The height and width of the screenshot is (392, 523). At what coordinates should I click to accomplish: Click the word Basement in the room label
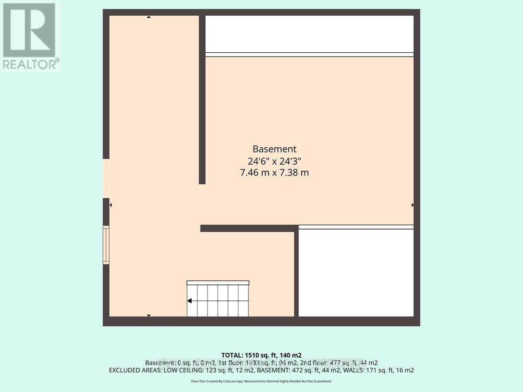point(275,149)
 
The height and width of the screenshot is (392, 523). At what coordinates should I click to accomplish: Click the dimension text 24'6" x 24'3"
point(275,161)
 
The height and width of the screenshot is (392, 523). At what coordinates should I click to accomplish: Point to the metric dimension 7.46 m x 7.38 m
point(275,172)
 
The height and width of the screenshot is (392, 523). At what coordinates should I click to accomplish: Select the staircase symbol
point(218,299)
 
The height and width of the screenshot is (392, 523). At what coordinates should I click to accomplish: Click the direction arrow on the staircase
point(190,301)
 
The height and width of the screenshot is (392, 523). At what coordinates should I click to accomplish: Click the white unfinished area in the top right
point(309,34)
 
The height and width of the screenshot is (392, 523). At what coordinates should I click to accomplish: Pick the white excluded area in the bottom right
point(356,273)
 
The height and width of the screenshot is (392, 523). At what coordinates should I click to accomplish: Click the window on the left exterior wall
point(106,244)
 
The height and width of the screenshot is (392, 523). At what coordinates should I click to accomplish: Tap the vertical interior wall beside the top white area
point(202,99)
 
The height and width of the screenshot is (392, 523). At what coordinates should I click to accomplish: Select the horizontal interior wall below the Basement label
point(249,228)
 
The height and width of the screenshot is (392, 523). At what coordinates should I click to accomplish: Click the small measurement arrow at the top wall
point(149,17)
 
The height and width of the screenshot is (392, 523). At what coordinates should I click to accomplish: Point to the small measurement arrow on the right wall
point(412,205)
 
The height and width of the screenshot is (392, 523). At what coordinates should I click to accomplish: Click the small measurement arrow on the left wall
point(111,205)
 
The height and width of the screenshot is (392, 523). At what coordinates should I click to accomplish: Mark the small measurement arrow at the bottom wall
point(149,315)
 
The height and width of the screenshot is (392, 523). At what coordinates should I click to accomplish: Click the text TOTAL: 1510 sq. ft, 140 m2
point(261,355)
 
